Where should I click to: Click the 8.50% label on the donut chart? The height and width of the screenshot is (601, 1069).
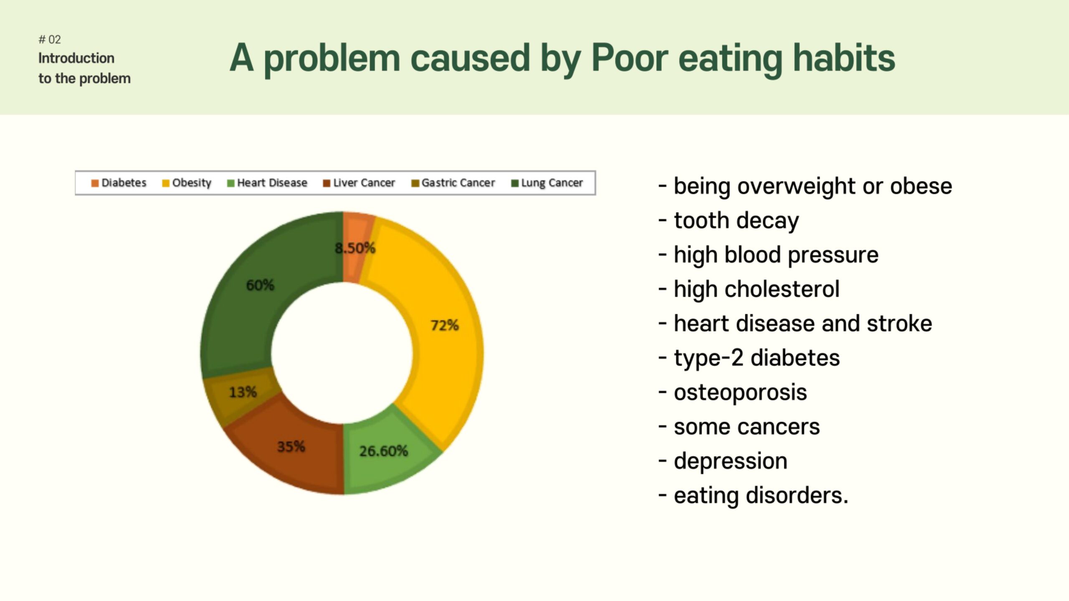pos(355,248)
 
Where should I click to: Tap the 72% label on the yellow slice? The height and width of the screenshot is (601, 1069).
pos(445,325)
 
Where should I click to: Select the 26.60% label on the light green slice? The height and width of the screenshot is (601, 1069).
pos(383,451)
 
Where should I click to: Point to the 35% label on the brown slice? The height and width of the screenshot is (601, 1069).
pos(291,447)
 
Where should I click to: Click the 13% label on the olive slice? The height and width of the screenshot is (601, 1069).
pos(243,392)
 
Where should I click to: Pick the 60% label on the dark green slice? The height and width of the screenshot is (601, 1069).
pos(260,285)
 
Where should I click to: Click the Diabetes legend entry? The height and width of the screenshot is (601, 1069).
pos(119,183)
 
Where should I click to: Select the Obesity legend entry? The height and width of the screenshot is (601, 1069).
pos(187,183)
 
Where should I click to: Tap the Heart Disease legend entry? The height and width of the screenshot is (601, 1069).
pos(267,183)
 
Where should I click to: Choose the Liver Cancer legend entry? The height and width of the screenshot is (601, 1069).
pos(359,183)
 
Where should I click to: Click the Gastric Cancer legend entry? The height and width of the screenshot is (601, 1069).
pos(453,183)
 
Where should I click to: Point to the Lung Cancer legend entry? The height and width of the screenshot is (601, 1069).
pos(547,183)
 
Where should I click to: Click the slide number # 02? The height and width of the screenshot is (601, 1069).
pos(50,40)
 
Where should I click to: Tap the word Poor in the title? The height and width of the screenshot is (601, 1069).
pos(630,58)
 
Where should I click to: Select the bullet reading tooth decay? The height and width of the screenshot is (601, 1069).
pos(729,221)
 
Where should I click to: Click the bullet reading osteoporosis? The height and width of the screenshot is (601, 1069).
pos(733,393)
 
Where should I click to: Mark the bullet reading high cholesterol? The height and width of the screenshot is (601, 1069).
pos(749,289)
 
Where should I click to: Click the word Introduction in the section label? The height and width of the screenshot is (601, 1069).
pos(76,58)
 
